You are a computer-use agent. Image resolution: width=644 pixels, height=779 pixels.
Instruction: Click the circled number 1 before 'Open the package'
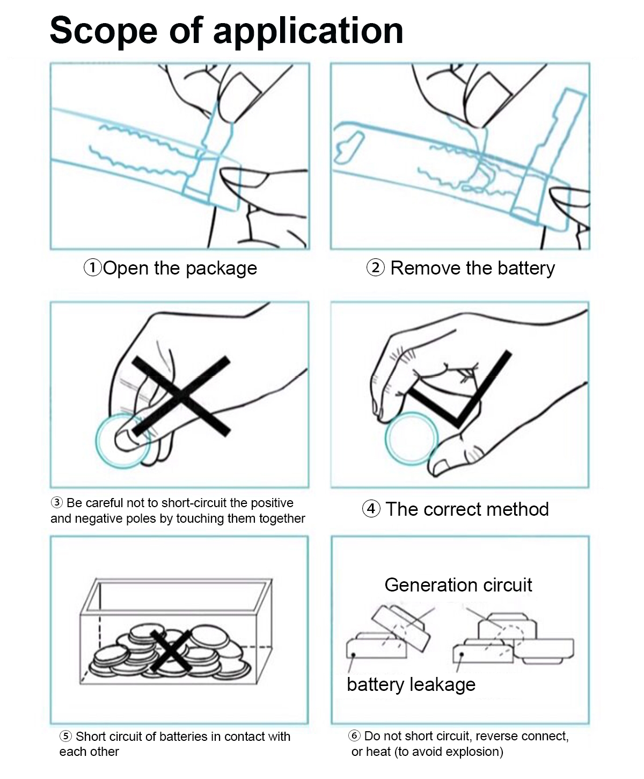click(92, 268)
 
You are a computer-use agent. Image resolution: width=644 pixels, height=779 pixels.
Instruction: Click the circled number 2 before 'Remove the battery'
click(375, 268)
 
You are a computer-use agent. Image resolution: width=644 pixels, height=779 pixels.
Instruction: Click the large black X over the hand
click(181, 395)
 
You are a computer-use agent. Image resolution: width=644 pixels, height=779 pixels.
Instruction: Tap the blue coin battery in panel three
click(122, 441)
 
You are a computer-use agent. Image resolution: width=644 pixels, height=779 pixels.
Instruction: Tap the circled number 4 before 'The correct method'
click(371, 509)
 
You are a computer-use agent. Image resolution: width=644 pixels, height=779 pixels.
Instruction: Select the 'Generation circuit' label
click(458, 585)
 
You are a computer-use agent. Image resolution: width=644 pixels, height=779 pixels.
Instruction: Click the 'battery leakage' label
click(411, 684)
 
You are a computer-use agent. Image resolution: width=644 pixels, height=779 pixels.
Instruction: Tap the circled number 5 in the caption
click(65, 737)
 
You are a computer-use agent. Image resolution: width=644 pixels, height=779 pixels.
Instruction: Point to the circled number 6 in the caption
click(354, 736)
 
